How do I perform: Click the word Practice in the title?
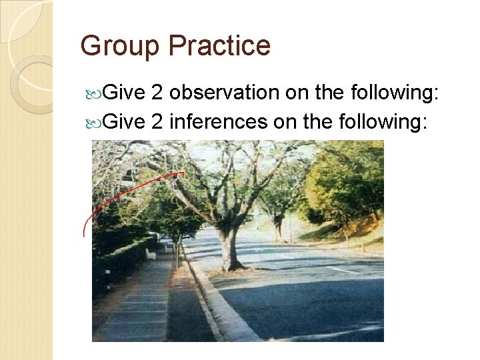tap(219, 46)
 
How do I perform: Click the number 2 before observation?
tap(157, 94)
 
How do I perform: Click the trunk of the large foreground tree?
tap(229, 247)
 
